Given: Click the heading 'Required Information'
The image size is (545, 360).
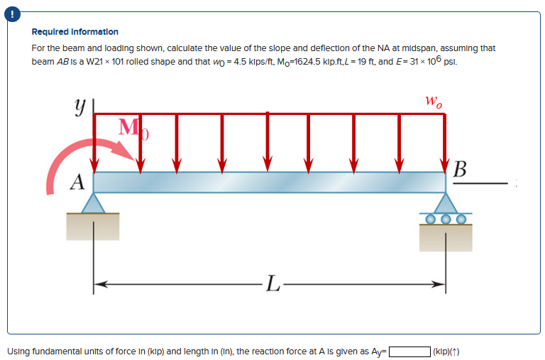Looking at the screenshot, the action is (x=75, y=32).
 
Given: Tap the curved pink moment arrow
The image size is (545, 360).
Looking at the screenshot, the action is (x=78, y=153).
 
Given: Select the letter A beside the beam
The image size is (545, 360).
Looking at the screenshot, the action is (x=76, y=182).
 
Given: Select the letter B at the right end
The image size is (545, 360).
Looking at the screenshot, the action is (x=459, y=170).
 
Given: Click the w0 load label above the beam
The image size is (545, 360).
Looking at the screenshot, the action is (x=434, y=102).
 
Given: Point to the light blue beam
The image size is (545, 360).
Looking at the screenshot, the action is (x=270, y=182).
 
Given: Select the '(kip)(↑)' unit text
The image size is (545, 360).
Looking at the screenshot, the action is (x=447, y=351).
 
